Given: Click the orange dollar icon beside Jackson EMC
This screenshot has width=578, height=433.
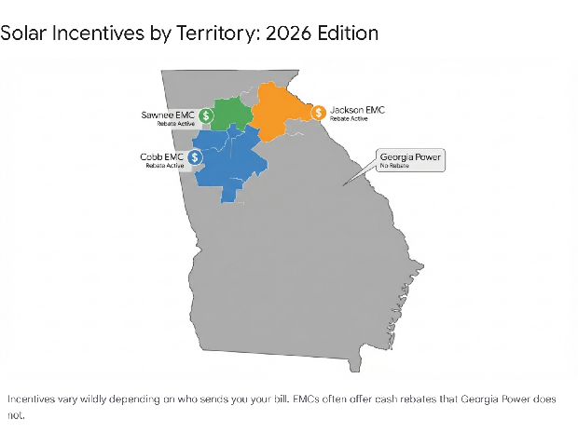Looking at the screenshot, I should [319, 113].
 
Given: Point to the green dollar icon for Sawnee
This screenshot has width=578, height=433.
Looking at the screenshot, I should [206, 115].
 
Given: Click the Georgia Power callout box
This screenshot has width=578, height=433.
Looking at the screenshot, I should [409, 160].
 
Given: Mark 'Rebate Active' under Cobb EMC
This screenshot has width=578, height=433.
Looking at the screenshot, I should [163, 166].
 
